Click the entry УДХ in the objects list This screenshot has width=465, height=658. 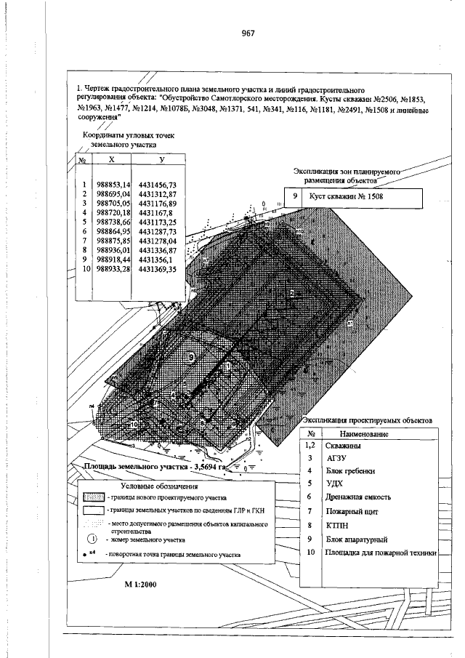335,483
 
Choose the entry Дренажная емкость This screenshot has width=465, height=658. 360,497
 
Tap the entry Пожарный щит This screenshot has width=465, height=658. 352,512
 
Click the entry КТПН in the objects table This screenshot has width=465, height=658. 338,525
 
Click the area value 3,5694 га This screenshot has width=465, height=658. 208,468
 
